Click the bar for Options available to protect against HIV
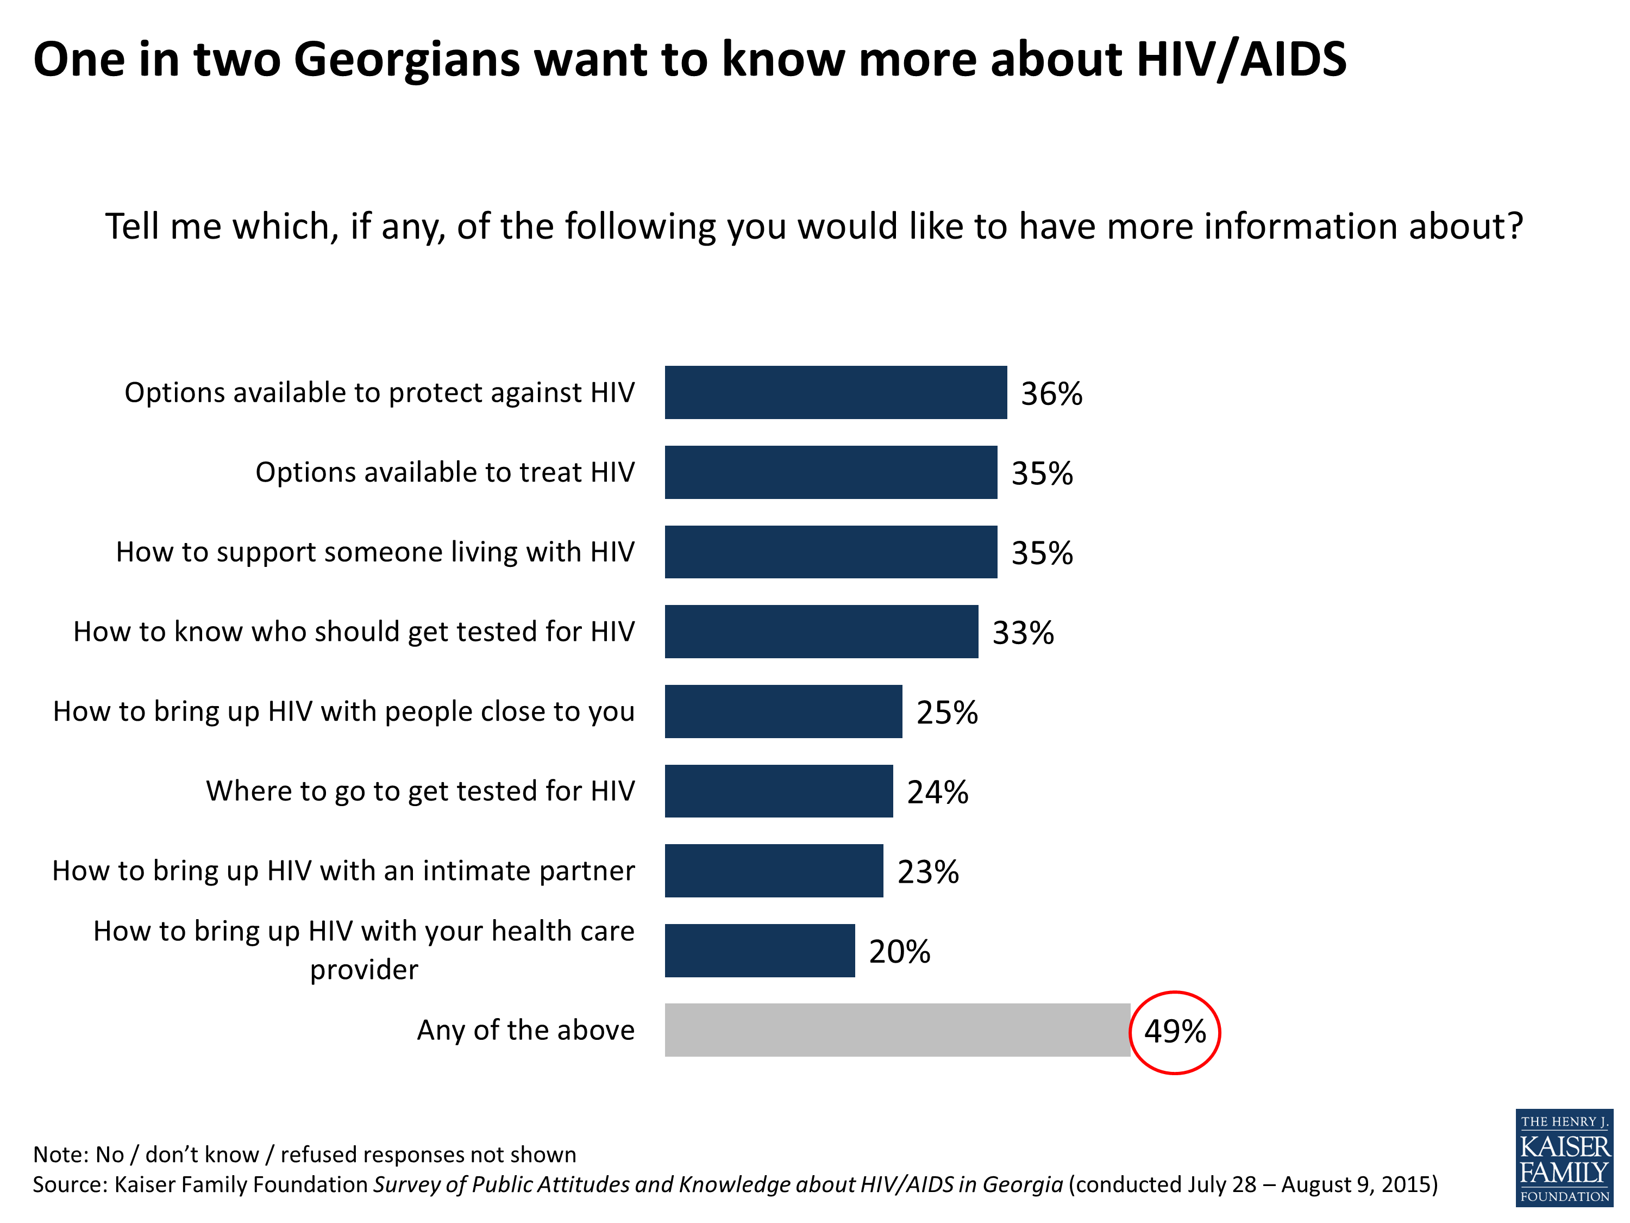[835, 392]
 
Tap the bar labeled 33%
[821, 631]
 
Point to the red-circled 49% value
[1175, 1031]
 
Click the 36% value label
[1051, 394]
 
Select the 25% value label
[947, 712]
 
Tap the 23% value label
[928, 871]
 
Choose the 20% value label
[899, 951]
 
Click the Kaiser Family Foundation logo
[1564, 1157]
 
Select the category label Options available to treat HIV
[444, 472]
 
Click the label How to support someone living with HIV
[374, 551]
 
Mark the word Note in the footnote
[59, 1154]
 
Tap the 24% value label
[937, 792]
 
